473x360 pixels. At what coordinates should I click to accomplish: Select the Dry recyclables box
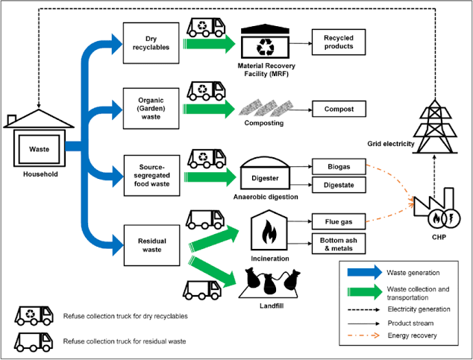click(146, 42)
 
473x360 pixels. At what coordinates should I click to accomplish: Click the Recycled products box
click(338, 42)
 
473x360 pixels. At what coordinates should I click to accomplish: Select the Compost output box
click(338, 109)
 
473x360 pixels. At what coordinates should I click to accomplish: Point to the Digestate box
click(338, 184)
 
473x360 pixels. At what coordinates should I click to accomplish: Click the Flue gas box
click(338, 221)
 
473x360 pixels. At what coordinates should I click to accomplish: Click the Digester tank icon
click(266, 174)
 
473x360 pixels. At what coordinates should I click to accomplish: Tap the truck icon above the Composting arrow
click(206, 92)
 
